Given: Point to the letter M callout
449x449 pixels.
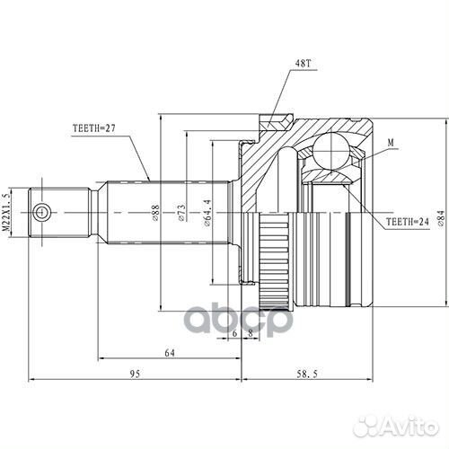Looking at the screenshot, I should (x=392, y=142).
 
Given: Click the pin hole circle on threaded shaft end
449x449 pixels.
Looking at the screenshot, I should (x=40, y=212).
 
